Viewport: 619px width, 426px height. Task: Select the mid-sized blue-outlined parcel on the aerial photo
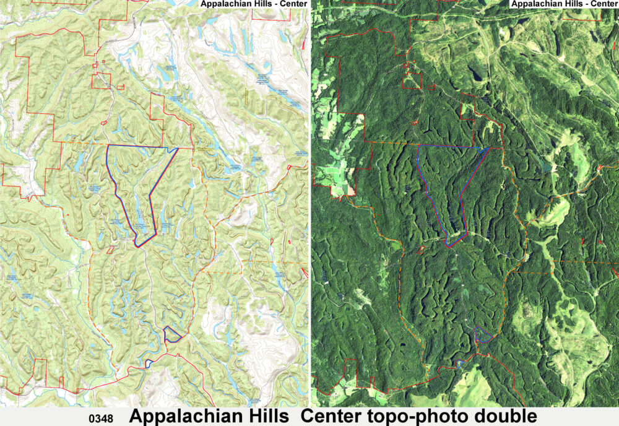click(x=483, y=335)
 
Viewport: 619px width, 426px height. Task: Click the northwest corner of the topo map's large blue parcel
click(x=108, y=146)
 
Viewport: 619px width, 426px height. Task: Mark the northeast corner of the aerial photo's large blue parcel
click(x=489, y=148)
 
